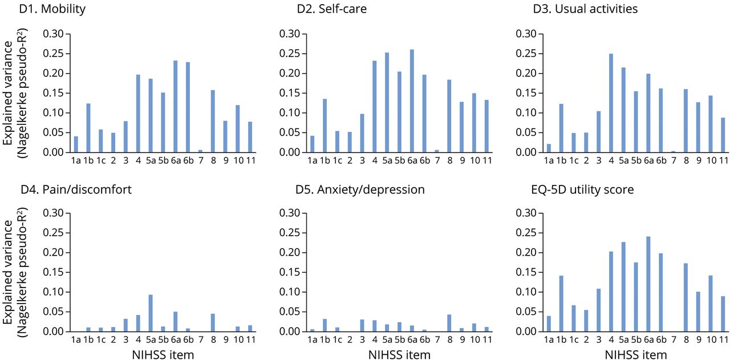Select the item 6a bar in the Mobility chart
tap(176, 107)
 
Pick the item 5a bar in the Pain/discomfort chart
tap(151, 313)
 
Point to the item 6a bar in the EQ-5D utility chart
tap(648, 284)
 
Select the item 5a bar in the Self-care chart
tap(387, 103)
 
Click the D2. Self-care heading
tap(331, 9)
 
